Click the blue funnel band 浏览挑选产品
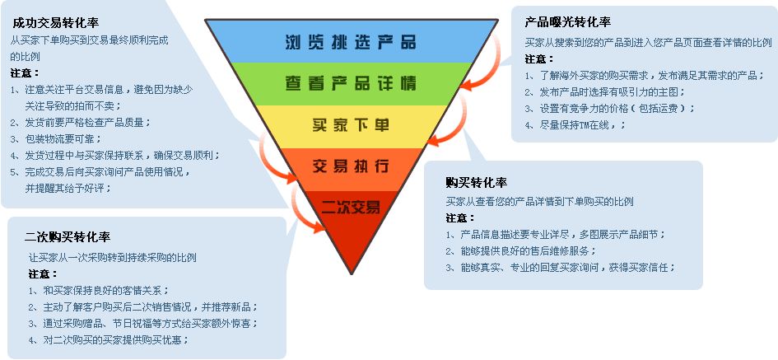click(x=350, y=42)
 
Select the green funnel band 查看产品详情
click(x=350, y=83)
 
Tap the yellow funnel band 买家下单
click(x=350, y=126)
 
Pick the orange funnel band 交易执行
click(x=350, y=166)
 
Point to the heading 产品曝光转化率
click(x=568, y=21)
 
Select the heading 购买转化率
click(x=477, y=182)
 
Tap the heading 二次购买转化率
click(x=68, y=237)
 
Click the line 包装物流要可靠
click(x=62, y=138)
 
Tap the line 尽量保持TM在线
click(x=575, y=124)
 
